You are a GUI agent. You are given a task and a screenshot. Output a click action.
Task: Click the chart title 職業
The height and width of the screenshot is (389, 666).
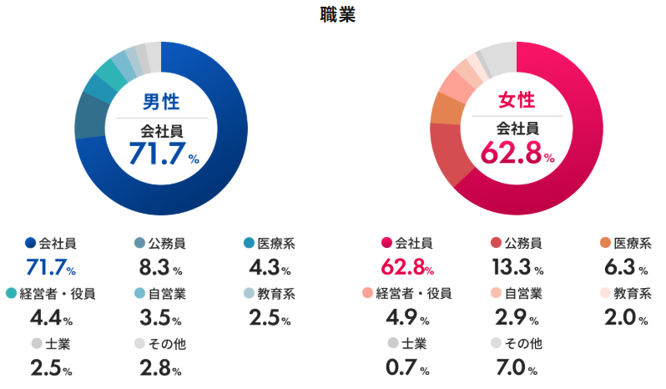337,15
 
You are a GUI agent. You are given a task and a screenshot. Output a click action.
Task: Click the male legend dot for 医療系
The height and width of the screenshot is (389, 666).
249,244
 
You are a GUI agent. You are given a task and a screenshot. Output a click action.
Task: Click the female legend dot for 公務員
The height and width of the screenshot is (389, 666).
496,244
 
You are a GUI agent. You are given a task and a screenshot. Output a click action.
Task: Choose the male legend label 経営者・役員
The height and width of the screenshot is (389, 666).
57,293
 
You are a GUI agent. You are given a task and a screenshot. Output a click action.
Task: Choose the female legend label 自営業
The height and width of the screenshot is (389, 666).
524,293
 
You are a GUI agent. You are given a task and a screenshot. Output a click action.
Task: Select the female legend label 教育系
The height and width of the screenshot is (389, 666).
633,293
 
